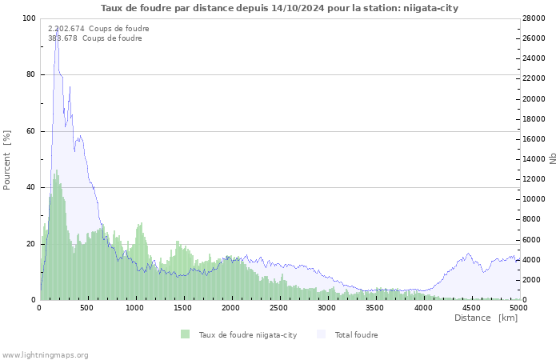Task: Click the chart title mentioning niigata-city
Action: [x=279, y=8]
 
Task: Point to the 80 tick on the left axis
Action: [x=31, y=74]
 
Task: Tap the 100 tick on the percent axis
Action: [x=29, y=18]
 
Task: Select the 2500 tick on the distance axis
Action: [x=278, y=307]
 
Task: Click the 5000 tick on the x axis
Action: [x=518, y=307]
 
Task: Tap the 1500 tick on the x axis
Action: [x=183, y=307]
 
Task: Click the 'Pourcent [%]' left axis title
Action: [x=7, y=159]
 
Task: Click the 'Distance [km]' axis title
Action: [x=486, y=318]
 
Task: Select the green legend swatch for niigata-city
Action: [x=186, y=334]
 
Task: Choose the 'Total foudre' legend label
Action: [x=356, y=335]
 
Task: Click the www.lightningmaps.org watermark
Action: [x=45, y=354]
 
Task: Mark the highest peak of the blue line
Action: [x=56, y=30]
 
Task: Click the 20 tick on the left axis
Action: [x=31, y=244]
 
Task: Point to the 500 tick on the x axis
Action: [x=88, y=307]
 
